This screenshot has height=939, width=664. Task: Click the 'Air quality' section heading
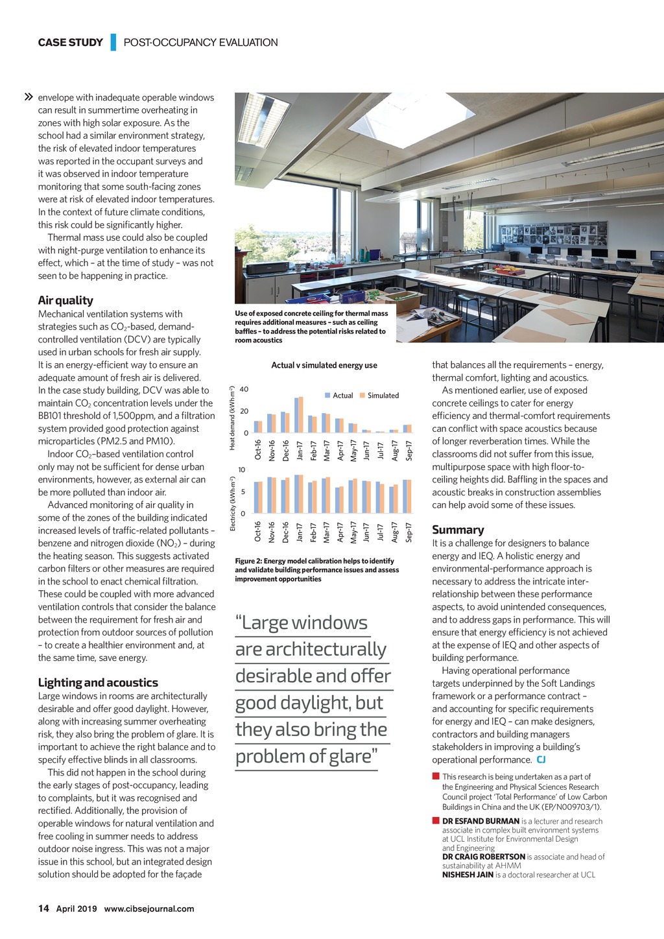pos(65,300)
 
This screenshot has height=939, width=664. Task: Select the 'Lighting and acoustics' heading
pos(98,682)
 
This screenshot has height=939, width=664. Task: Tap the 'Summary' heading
pos(458,530)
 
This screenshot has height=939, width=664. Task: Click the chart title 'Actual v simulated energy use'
pos(324,365)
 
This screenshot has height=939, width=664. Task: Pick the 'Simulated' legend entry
pos(383,396)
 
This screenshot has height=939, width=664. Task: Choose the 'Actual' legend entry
pos(342,396)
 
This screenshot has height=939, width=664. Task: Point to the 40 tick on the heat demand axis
pos(244,390)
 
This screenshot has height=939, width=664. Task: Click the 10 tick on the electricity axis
pos(242,470)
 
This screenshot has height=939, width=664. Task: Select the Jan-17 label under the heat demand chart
pos(300,451)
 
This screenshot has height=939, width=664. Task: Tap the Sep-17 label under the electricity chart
pos(409,532)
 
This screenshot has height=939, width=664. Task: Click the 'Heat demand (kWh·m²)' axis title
pos(232,418)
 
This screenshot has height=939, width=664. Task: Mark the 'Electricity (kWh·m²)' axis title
pos(232,504)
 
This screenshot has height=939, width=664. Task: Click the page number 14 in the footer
pos(43,909)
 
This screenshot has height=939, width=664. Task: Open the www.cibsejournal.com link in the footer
pos(149,909)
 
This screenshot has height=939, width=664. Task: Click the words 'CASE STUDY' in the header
pos(70,43)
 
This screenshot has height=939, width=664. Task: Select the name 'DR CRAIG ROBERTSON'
pos(484,857)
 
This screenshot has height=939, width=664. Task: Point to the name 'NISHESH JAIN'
pos(468,875)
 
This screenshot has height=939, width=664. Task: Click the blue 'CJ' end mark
pos(541,760)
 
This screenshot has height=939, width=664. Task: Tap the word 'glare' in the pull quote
pos(348,756)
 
